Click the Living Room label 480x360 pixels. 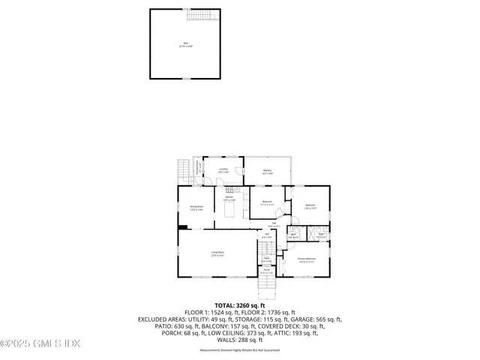point(217,254)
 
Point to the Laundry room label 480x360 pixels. point(223,170)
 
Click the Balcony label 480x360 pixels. point(268,172)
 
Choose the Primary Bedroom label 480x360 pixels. point(306,259)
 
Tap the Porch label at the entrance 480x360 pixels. point(266,271)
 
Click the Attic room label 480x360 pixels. point(185,43)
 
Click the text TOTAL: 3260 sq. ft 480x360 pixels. point(240,305)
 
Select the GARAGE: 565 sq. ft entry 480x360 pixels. point(316,319)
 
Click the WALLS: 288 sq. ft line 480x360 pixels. point(240,339)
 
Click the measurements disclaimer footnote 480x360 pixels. point(240,350)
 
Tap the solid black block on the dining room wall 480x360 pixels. point(182,226)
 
